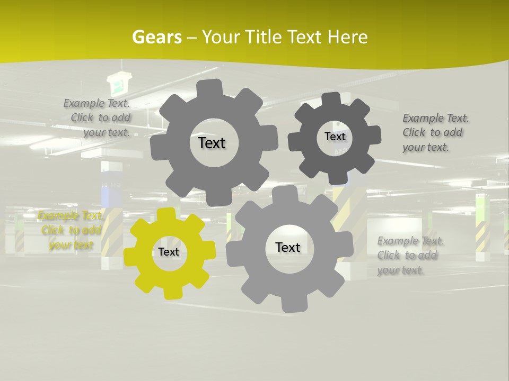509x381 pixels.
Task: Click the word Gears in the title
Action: [x=156, y=37]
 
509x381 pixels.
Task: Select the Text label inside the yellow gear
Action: [x=169, y=252]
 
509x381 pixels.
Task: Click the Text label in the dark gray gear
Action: [x=335, y=137]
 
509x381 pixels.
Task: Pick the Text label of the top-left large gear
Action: [x=212, y=143]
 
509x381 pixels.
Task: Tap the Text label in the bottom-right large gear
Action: [x=287, y=247]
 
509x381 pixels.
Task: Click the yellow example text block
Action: [x=70, y=230]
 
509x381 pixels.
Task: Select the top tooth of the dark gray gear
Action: [x=331, y=99]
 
